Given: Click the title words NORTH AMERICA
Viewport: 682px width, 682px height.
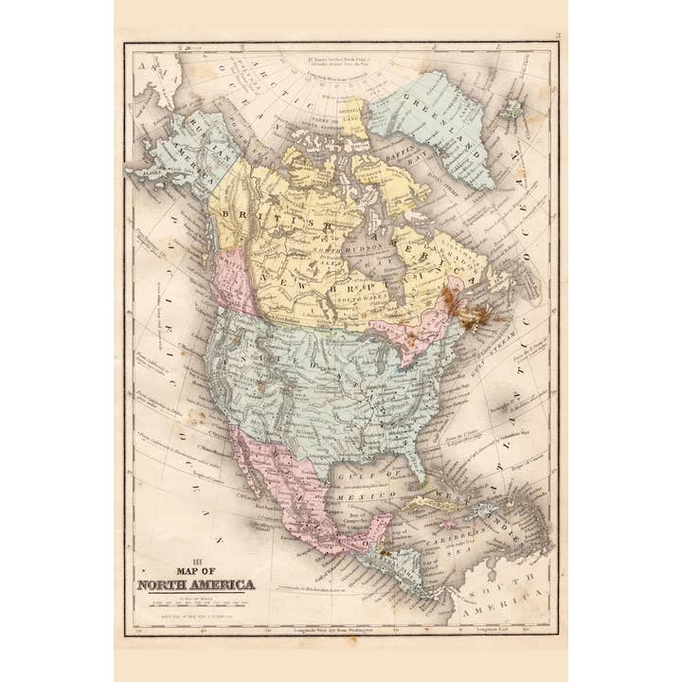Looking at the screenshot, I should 196,583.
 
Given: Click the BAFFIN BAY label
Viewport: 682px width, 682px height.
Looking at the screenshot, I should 402,161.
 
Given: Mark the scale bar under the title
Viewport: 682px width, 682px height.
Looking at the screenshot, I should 195,603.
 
